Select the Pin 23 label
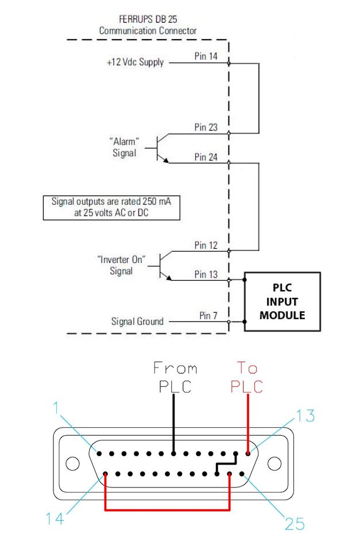coord(205,128)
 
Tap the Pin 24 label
coord(205,157)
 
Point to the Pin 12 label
coord(205,245)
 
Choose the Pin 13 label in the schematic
coord(205,274)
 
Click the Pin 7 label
coord(208,315)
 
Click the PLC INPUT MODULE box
coord(281,301)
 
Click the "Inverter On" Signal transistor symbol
coord(163,265)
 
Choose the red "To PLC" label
coord(247,377)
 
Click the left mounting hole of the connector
coord(73,463)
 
